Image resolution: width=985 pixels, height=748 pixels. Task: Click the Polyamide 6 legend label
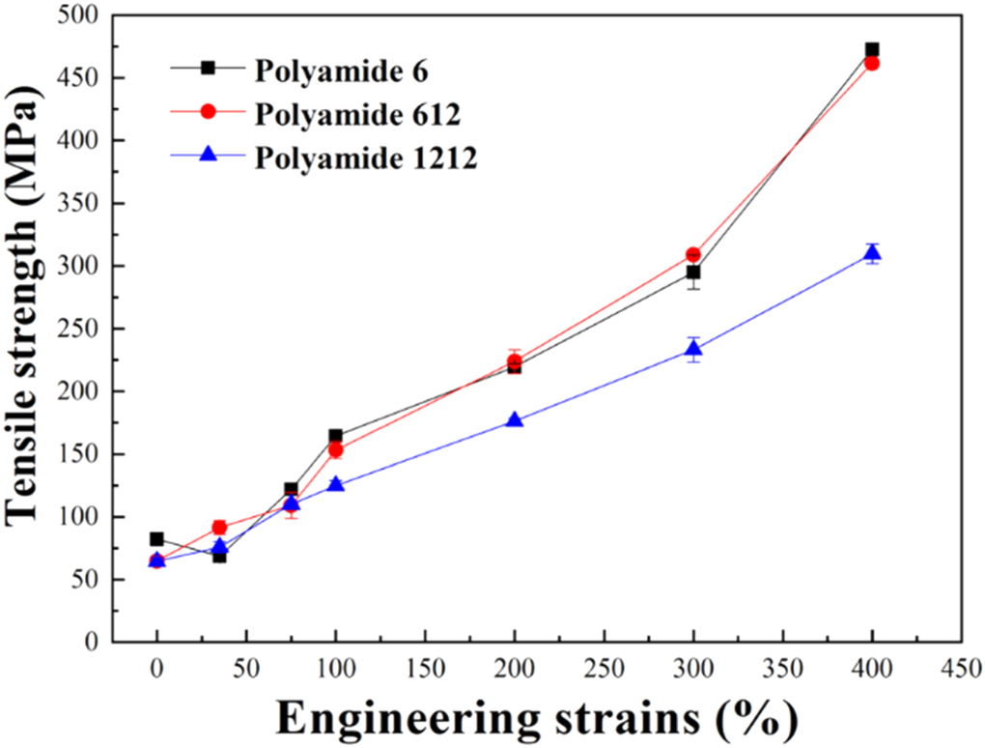click(342, 72)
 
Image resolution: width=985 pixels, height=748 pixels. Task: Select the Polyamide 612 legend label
click(357, 114)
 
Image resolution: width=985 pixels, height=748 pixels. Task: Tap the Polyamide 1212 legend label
click(366, 158)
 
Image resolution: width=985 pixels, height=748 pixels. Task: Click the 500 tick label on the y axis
click(82, 15)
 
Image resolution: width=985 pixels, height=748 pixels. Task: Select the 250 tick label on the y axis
click(82, 329)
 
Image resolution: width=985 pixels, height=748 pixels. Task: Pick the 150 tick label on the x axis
click(425, 668)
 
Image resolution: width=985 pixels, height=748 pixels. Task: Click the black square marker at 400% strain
click(872, 49)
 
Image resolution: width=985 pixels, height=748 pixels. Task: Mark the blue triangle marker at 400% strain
click(872, 253)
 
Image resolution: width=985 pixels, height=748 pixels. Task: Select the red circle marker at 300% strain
click(693, 254)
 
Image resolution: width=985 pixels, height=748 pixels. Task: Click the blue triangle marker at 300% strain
click(693, 349)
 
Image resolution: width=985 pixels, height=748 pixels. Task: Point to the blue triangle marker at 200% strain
click(515, 420)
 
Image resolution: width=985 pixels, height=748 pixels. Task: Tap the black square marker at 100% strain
click(336, 436)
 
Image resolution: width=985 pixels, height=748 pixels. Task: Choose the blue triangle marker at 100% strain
click(336, 484)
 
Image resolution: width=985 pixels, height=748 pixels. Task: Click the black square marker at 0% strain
click(157, 539)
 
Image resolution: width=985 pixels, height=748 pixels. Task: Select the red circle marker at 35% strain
click(219, 528)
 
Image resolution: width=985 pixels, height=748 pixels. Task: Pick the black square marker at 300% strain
click(693, 273)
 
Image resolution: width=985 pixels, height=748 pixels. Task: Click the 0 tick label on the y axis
click(93, 643)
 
